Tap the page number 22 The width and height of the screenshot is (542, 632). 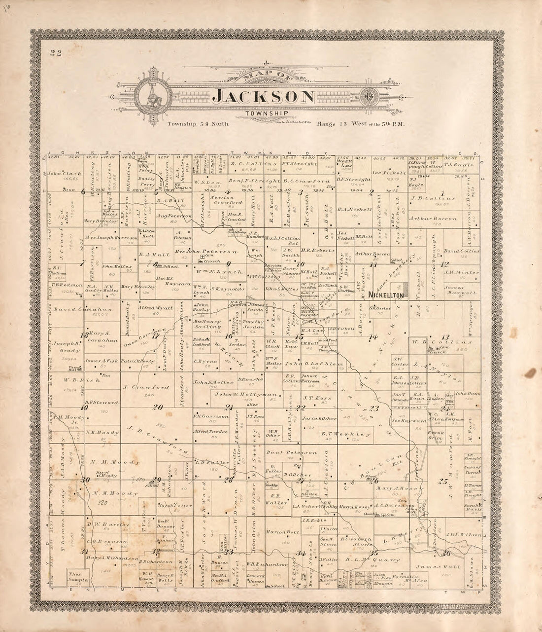click(55, 54)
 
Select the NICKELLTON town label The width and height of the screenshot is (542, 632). click(386, 295)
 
